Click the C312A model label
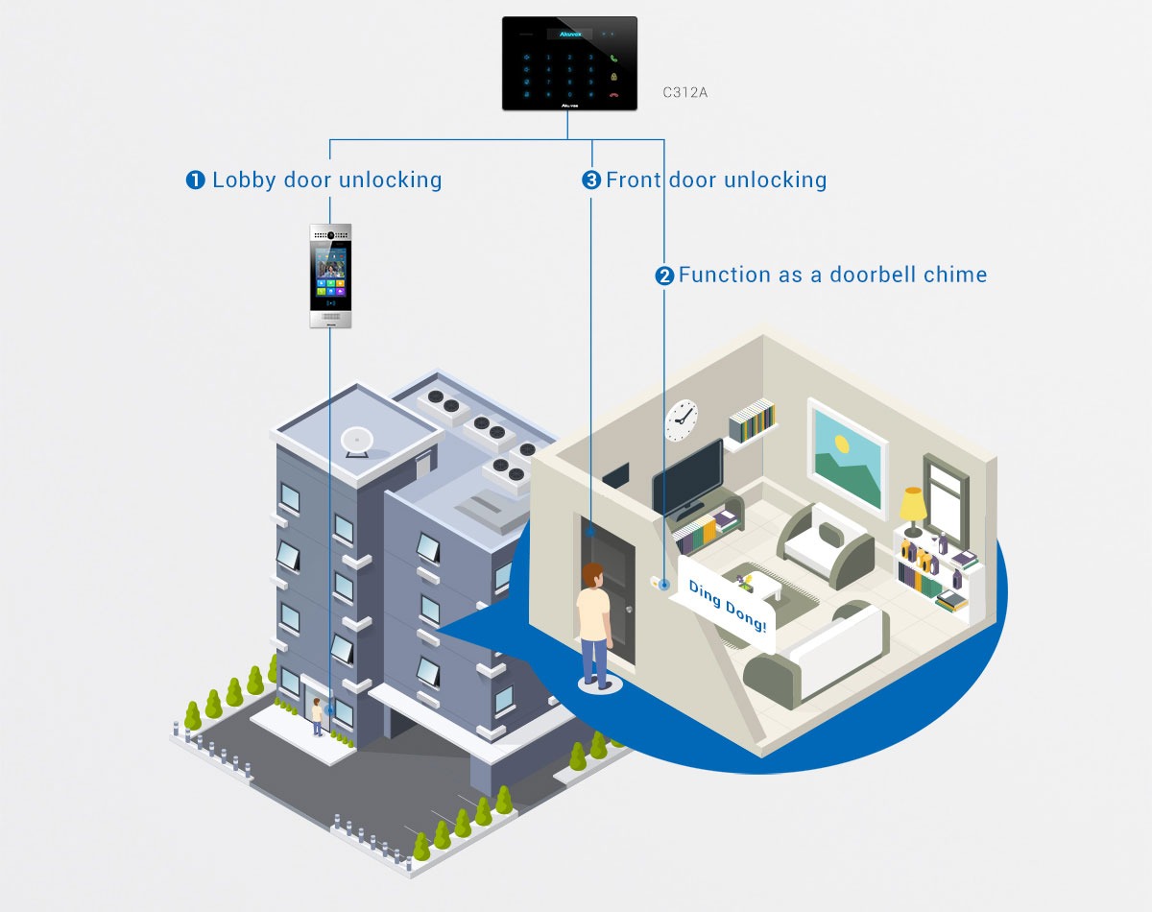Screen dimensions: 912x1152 point(685,93)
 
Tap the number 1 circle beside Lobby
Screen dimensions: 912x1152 point(196,180)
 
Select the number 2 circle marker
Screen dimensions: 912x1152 point(664,276)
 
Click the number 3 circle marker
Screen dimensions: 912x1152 point(591,180)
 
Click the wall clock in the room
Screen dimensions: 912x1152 point(682,420)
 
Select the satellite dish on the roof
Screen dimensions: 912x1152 point(357,441)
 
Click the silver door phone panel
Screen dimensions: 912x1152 point(329,276)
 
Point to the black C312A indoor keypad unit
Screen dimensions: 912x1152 point(569,62)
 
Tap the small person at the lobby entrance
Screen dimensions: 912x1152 point(316,716)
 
